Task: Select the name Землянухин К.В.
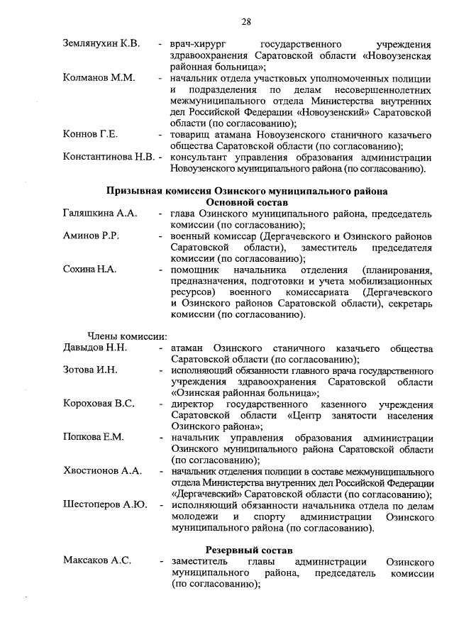pyautogui.click(x=101, y=44)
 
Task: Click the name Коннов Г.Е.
pyautogui.click(x=90, y=135)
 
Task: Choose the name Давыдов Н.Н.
pyautogui.click(x=95, y=349)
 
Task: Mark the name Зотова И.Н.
pyautogui.click(x=90, y=371)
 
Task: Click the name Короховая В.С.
pyautogui.click(x=99, y=404)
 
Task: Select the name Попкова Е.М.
pyautogui.click(x=93, y=438)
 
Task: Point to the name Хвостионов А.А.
pyautogui.click(x=102, y=471)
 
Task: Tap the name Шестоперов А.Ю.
pyautogui.click(x=105, y=505)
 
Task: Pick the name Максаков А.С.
pyautogui.click(x=96, y=562)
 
